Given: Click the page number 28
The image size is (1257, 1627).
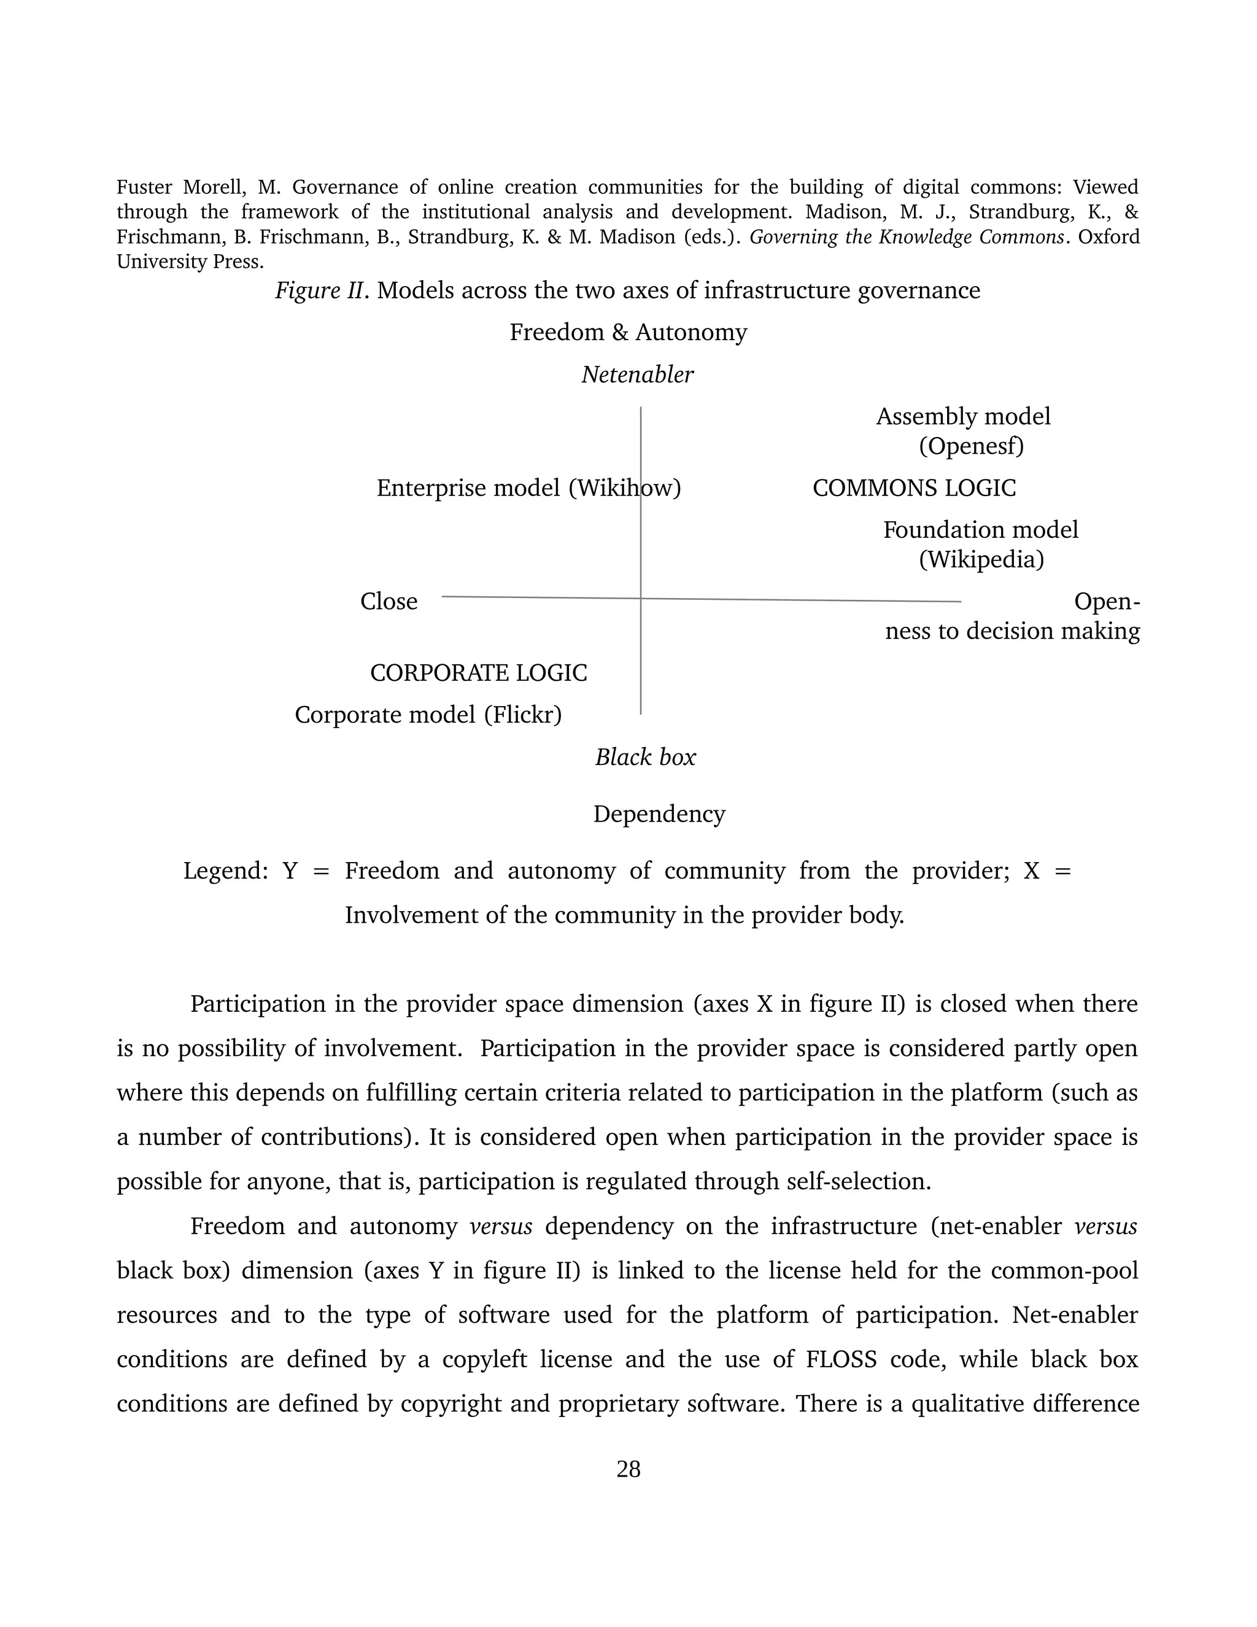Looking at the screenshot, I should (628, 1469).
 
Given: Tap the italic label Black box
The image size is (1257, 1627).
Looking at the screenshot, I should (645, 757).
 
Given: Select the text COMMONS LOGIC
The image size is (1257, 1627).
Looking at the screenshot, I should (914, 488).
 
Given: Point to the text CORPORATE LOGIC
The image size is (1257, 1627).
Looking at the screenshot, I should (478, 673).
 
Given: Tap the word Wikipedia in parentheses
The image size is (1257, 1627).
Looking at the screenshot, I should (981, 559).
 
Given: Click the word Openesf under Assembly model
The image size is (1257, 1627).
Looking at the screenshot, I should (971, 446).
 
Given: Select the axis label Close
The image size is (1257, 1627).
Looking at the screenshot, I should (389, 601).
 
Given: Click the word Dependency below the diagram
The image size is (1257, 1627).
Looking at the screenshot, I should (659, 814).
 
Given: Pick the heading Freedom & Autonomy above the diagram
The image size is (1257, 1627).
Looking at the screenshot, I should (628, 332).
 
